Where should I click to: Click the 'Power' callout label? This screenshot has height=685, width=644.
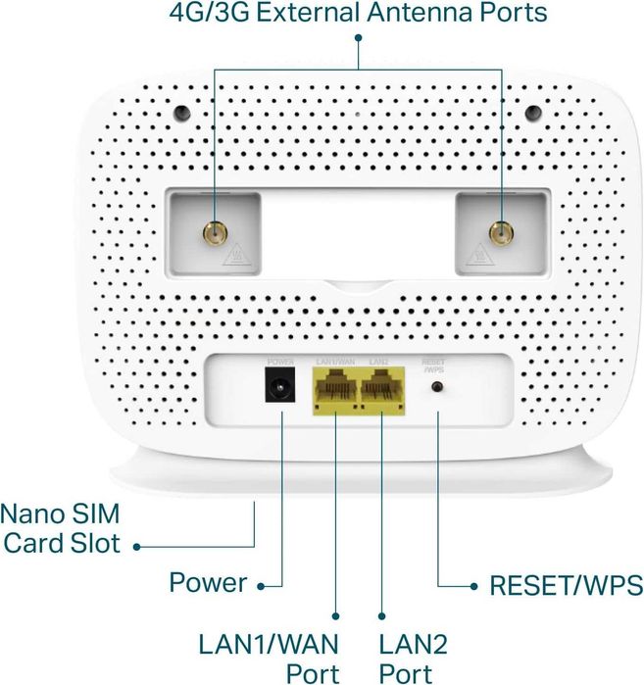pos(208,582)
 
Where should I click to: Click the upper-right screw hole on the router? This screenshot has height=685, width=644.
pos(531,111)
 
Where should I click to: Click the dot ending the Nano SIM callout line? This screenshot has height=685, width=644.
pos(137,546)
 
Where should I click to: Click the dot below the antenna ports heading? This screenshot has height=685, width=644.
pos(358,38)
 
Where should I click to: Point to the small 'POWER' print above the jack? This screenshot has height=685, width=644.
pos(280,363)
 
